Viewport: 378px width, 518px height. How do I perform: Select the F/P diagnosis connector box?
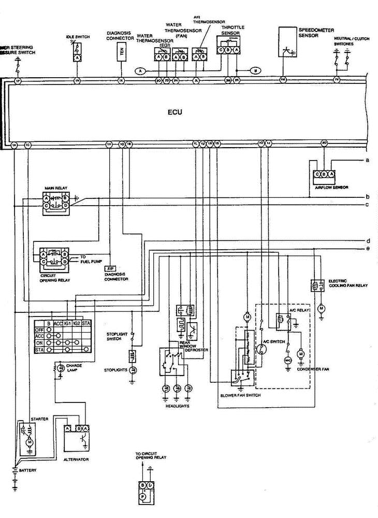tap(110, 268)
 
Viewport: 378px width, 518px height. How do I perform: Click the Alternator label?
tap(76, 459)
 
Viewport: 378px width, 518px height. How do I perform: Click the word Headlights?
tap(177, 406)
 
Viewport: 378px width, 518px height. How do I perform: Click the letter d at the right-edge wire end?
tap(368, 241)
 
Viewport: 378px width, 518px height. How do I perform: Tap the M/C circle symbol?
tap(288, 358)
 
